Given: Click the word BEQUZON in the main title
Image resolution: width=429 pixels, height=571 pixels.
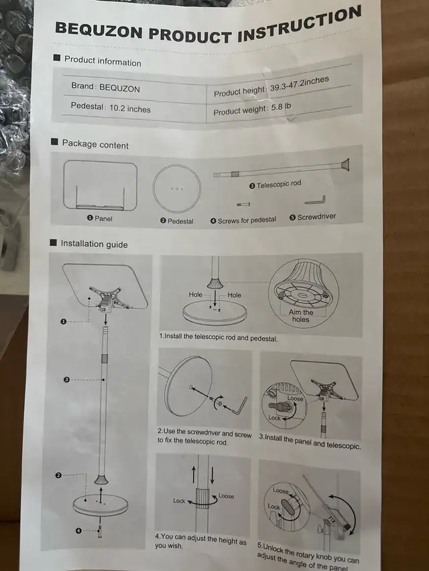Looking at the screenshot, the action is coord(99,31).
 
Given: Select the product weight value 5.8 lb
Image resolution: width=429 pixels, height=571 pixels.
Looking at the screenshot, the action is coord(281,107).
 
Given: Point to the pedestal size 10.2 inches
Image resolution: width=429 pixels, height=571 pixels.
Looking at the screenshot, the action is coord(130,108).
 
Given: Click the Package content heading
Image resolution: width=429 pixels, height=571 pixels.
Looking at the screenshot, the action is coord(95,144).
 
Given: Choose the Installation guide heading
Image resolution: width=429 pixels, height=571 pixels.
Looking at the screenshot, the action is coord(94,244).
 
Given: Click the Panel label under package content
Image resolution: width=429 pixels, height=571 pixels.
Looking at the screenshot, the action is coord(103,218).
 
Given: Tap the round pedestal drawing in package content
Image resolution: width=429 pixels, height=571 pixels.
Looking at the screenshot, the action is coord(176,189).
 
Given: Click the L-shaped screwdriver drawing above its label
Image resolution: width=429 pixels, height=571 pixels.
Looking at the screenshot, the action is coord(315,201).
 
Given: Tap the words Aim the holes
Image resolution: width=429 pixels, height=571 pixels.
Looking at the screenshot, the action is coord(300,316).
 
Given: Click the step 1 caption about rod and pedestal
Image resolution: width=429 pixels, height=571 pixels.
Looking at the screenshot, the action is coord(218,337).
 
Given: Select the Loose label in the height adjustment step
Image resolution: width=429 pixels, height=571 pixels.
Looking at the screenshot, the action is coord(226,496).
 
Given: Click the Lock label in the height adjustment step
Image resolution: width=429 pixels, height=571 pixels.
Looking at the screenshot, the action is coord(179,501).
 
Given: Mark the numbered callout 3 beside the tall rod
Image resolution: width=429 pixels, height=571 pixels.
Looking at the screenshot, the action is coord(66,380).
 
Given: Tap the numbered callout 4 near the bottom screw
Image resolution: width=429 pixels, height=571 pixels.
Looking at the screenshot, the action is coord(78,531).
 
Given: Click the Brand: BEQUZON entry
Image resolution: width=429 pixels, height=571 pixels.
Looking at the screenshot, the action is coord(105,88).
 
